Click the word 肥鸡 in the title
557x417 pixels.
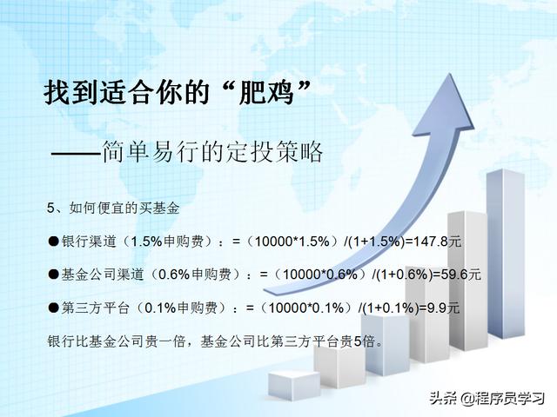click(x=265, y=93)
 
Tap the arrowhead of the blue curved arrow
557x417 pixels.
click(x=444, y=106)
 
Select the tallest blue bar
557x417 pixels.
click(x=505, y=254)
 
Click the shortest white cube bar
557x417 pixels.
click(x=294, y=386)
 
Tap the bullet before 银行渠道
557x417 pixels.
click(x=53, y=242)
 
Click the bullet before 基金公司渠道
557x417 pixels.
click(x=53, y=275)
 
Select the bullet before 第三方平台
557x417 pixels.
click(x=53, y=308)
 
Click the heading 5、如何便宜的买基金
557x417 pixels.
click(x=113, y=208)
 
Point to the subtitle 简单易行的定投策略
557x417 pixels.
click(x=212, y=152)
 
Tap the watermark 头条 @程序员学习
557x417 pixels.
click(x=487, y=398)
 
